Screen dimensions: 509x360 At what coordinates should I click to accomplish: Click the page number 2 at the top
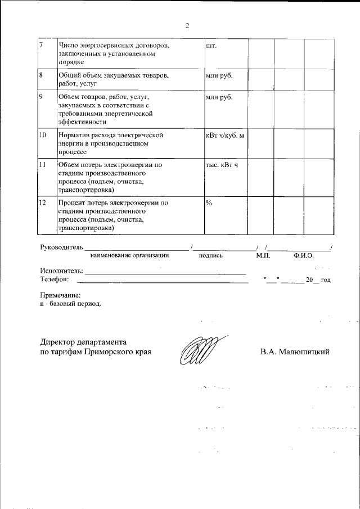coord(187,25)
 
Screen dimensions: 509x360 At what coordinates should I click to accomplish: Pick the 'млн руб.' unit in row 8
coord(219,75)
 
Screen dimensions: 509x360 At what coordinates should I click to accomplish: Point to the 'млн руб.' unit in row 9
coord(219,97)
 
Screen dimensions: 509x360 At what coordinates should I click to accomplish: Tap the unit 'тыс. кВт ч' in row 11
coord(222,165)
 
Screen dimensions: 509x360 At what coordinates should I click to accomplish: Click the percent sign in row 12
coord(209,202)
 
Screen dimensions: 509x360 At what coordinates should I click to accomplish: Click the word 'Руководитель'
coord(61,247)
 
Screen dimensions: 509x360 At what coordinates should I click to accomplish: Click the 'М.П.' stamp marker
coord(263,255)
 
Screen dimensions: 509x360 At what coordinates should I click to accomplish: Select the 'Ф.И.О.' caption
coord(303,255)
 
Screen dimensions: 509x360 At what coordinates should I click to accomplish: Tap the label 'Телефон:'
coord(55,279)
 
